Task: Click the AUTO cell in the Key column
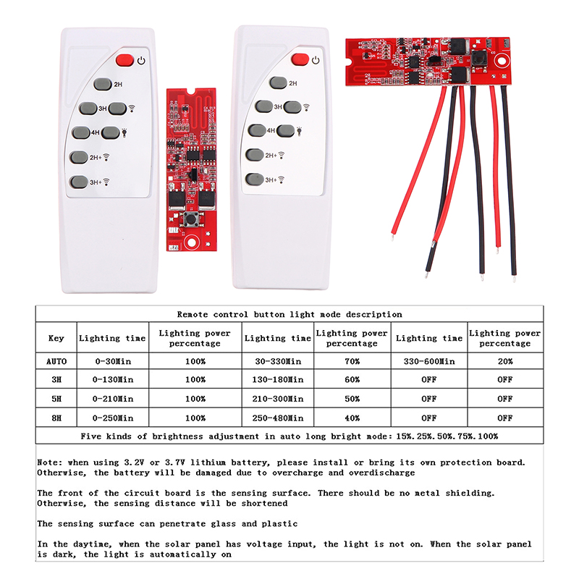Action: [x=56, y=360]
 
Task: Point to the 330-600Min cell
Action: [x=429, y=360]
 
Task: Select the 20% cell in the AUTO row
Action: [x=504, y=360]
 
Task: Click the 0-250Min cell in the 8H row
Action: [x=114, y=418]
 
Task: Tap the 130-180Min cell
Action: [x=277, y=379]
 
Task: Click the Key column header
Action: [x=56, y=338]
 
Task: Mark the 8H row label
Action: [x=56, y=418]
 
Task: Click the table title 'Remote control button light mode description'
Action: [x=289, y=315]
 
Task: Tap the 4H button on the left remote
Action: [x=81, y=133]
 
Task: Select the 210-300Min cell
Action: [x=277, y=399]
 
